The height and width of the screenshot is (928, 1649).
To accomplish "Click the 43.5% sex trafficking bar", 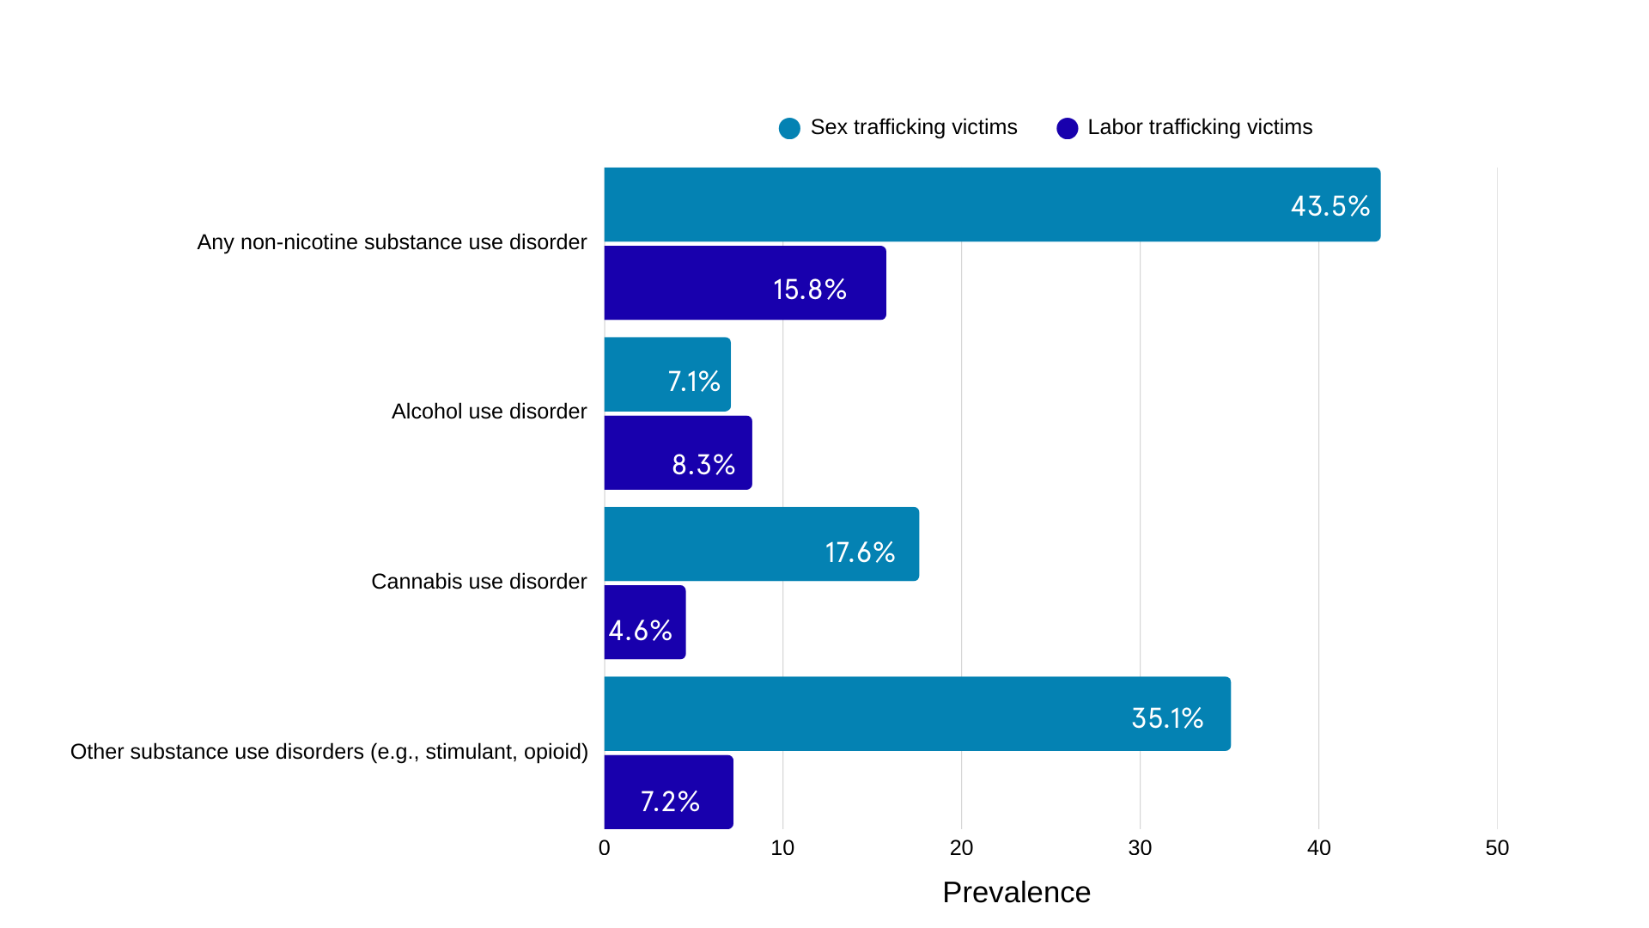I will click(x=992, y=205).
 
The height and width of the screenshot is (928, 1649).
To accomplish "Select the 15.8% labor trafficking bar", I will click(x=745, y=283).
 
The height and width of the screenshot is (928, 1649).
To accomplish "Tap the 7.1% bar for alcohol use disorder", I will click(x=667, y=375).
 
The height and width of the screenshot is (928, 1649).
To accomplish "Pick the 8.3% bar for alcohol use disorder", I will click(x=678, y=453).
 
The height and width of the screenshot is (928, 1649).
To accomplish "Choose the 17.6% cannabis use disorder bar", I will click(x=761, y=544).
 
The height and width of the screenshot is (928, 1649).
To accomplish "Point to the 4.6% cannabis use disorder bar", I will click(x=645, y=622).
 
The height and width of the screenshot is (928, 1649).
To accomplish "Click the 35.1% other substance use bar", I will click(x=917, y=714).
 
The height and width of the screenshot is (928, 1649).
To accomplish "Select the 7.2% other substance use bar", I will click(x=668, y=792).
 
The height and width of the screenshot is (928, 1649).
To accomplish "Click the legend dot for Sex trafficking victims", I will click(x=789, y=128).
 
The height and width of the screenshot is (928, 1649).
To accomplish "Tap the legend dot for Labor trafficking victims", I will click(x=1067, y=128).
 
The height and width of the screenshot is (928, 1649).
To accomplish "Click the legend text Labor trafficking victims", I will click(x=1200, y=127).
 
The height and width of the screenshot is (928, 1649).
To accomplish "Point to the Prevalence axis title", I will click(x=1016, y=893).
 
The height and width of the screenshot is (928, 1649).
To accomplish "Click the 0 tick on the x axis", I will click(x=605, y=848).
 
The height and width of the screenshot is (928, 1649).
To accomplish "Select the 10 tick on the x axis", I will click(x=782, y=848).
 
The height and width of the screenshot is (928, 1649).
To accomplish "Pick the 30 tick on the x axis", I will click(x=1140, y=848).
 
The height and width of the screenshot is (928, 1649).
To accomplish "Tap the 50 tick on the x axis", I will click(x=1497, y=848).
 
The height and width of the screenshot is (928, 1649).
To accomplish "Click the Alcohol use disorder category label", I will click(x=489, y=412).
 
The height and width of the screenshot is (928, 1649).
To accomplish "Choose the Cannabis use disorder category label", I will click(x=478, y=582).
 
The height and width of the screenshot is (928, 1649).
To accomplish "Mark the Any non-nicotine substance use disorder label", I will click(x=392, y=242).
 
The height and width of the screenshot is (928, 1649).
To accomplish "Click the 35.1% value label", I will click(x=1167, y=718).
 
